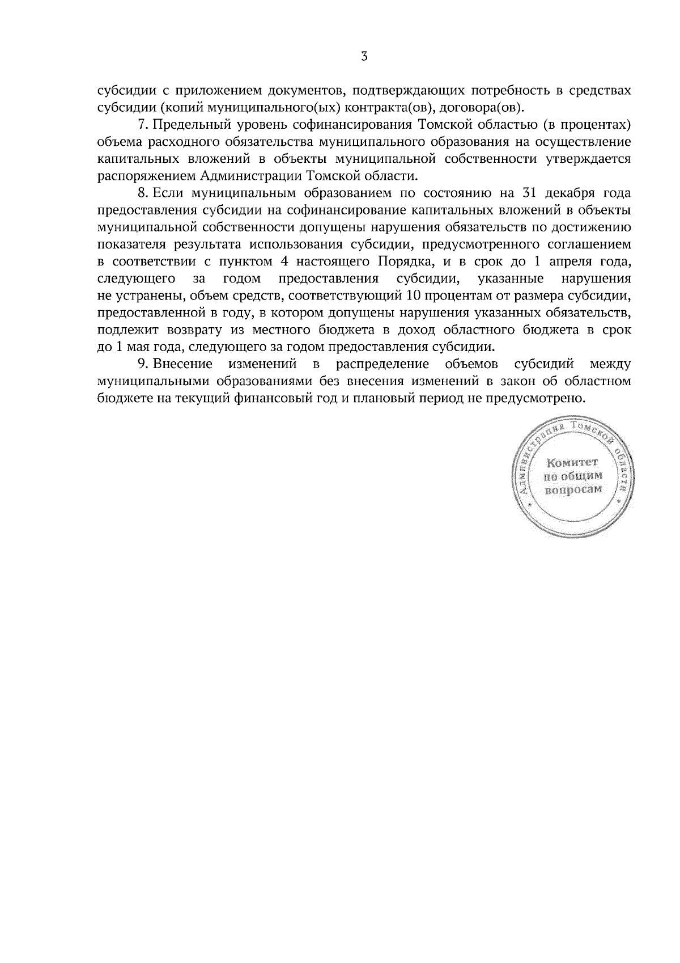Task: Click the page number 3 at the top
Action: pyautogui.click(x=364, y=56)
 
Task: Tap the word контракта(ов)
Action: pyautogui.click(x=401, y=107)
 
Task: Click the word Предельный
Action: pyautogui.click(x=190, y=124)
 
